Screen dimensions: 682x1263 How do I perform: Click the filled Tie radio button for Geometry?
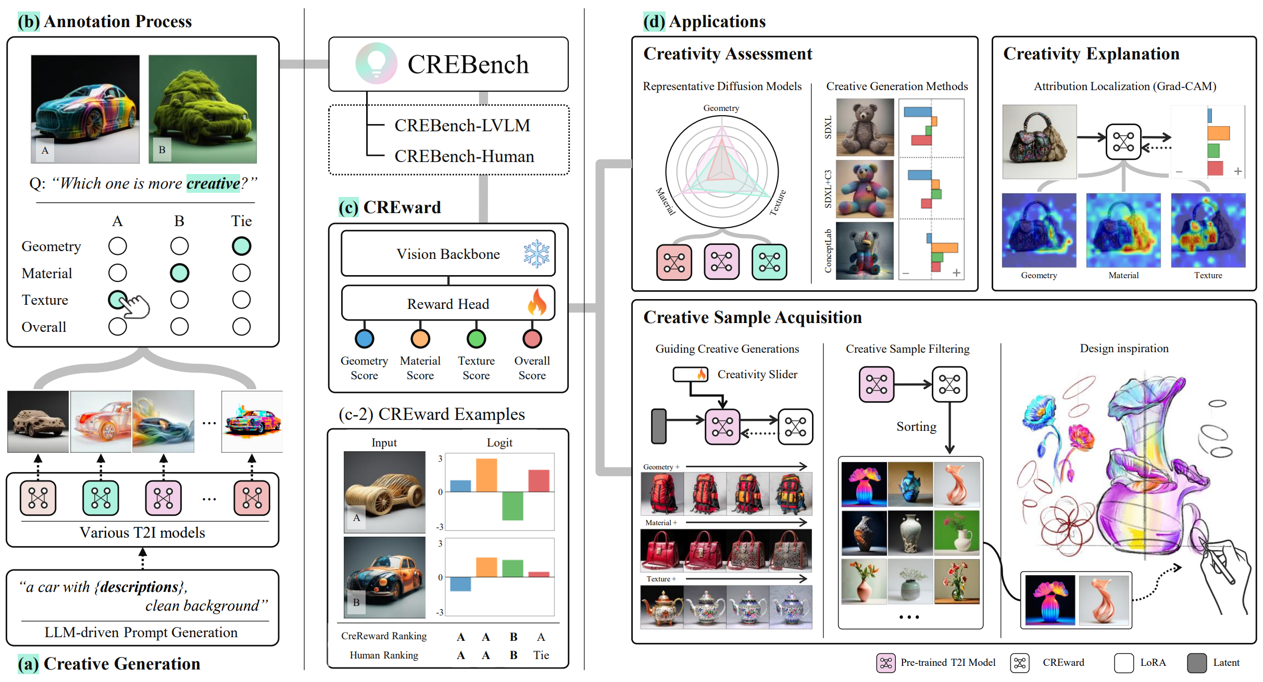241,246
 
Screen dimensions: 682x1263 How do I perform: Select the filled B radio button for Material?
179,273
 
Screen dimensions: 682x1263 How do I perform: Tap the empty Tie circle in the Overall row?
241,327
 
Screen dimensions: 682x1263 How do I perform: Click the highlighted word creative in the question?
213,183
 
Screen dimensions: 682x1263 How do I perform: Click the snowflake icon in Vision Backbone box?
536,254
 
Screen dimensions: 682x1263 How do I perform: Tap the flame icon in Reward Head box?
537,303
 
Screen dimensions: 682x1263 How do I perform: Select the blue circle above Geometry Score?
364,339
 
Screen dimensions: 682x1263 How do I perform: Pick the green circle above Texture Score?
476,339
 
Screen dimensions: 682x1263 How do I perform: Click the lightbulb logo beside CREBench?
376,64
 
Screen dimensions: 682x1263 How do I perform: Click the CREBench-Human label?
464,156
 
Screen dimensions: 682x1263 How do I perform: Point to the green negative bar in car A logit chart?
512,505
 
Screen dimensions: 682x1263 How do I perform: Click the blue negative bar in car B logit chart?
460,584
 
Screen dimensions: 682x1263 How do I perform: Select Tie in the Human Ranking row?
541,655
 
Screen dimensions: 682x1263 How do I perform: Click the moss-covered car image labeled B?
203,109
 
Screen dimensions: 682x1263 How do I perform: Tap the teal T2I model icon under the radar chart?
769,262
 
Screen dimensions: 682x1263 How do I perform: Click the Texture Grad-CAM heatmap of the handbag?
1208,230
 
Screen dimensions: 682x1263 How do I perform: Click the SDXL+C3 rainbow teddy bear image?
865,189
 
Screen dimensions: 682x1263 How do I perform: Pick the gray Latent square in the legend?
1197,663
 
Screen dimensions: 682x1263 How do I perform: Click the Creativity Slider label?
757,374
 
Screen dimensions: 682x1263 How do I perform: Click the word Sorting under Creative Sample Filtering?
916,427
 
